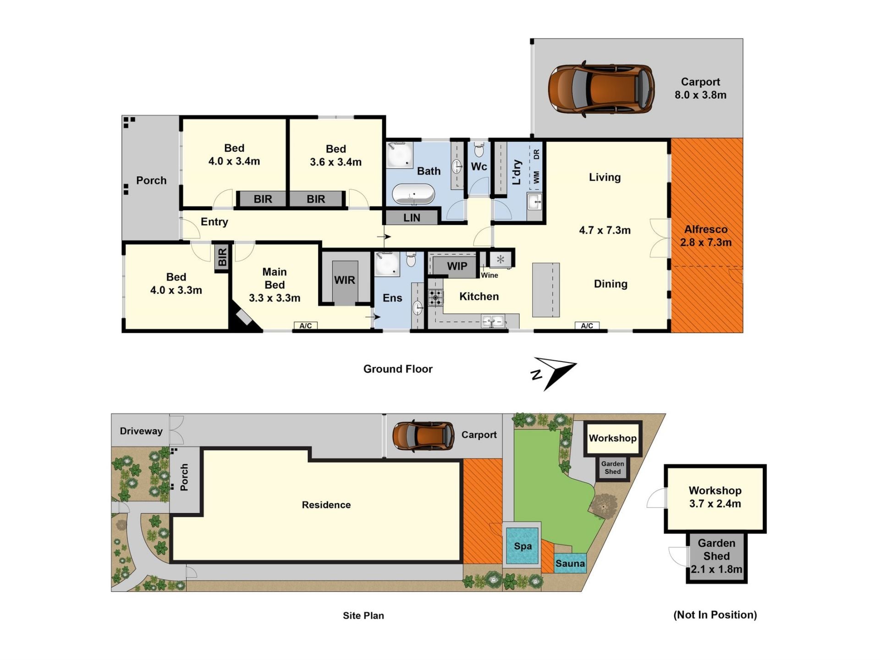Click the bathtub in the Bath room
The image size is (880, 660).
[x=413, y=194]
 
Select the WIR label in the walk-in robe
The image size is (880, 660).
[x=345, y=280]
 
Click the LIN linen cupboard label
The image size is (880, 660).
[x=412, y=218]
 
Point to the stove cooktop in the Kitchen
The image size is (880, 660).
[x=435, y=298]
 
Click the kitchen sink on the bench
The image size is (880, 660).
[x=493, y=321]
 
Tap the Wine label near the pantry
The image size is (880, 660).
[x=489, y=275]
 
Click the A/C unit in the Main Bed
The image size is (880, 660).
[x=306, y=326]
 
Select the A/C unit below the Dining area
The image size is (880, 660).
[x=587, y=326]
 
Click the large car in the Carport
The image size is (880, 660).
[x=601, y=89]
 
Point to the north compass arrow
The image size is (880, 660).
[x=555, y=372]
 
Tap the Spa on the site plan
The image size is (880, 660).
[x=522, y=546]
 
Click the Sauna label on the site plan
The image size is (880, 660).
[x=570, y=563]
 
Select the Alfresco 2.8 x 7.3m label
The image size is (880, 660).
[x=706, y=236]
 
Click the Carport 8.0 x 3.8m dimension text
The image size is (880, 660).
[x=700, y=95]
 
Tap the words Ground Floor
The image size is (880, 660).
[x=398, y=369]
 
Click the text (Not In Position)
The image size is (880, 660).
[x=715, y=615]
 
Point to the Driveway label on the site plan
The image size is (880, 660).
[x=141, y=431]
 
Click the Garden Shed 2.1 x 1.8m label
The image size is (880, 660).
[x=716, y=556]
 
